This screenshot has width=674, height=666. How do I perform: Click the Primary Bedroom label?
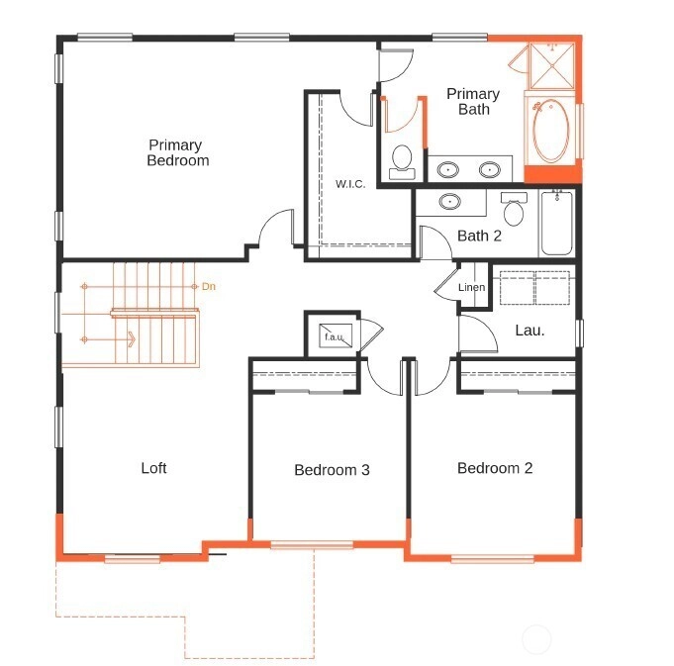(x=177, y=152)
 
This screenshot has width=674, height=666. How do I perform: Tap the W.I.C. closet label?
(x=350, y=184)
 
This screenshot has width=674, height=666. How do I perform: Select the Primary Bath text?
(x=473, y=101)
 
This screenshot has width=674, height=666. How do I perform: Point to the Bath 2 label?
(x=479, y=236)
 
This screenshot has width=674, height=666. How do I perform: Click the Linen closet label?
(x=471, y=287)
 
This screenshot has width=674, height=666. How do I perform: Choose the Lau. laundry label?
(x=530, y=331)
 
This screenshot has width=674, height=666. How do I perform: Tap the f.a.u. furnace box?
(x=336, y=336)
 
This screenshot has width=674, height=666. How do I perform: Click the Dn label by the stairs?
(x=209, y=286)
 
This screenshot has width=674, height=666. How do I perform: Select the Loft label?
(x=153, y=468)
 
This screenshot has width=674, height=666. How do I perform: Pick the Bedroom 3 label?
(x=332, y=470)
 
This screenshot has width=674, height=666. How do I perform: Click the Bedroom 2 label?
(x=495, y=468)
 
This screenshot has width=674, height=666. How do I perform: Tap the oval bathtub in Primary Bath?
(x=551, y=131)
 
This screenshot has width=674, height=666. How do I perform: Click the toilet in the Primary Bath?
(x=402, y=162)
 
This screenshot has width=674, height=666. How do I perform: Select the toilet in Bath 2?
(x=514, y=209)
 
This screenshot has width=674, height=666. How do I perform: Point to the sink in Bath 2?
(x=450, y=201)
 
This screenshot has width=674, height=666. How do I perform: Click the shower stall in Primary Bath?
(x=552, y=65)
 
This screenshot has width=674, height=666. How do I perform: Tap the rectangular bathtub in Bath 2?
(x=556, y=224)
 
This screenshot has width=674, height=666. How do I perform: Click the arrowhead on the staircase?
(x=132, y=339)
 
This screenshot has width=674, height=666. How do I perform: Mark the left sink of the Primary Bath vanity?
(x=448, y=170)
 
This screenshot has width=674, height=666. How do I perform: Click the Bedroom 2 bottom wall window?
(x=493, y=559)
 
